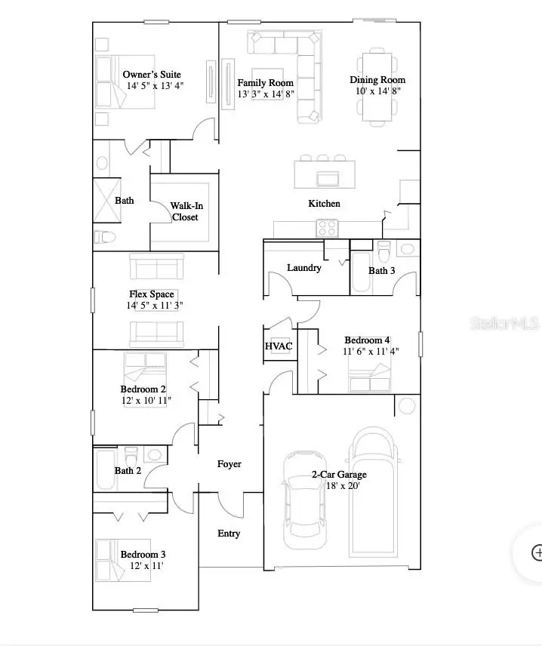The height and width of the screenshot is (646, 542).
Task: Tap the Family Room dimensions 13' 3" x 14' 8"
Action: pos(265,94)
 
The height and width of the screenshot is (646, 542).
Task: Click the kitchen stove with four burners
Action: pos(328,227)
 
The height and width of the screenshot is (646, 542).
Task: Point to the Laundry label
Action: pos(304,268)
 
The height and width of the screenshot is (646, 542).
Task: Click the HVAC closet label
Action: pos(278,346)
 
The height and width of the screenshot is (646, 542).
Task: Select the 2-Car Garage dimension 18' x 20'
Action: pos(340,486)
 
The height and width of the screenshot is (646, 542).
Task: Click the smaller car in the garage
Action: pos(306,500)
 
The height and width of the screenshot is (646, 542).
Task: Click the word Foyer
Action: pos(229,464)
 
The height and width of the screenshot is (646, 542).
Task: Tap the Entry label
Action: pos(229,534)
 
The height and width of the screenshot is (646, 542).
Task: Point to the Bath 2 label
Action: pos(128,471)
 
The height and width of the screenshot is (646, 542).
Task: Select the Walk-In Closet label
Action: pos(185,211)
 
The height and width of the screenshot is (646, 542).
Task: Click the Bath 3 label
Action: pos(381,270)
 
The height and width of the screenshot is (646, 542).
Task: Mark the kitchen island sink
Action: pos(328,178)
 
